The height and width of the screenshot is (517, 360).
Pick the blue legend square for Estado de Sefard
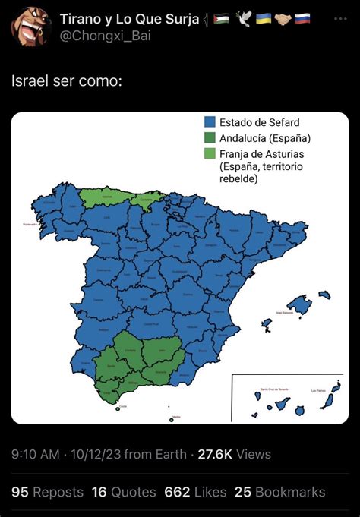[x=210, y=122]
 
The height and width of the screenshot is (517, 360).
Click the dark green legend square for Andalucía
[x=210, y=137]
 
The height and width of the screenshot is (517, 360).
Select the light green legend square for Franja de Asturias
[x=210, y=153]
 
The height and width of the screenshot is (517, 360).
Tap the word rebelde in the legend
[x=238, y=179]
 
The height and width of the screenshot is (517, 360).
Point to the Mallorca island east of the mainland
[x=298, y=305]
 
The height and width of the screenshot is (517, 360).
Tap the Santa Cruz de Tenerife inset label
[x=272, y=389]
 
